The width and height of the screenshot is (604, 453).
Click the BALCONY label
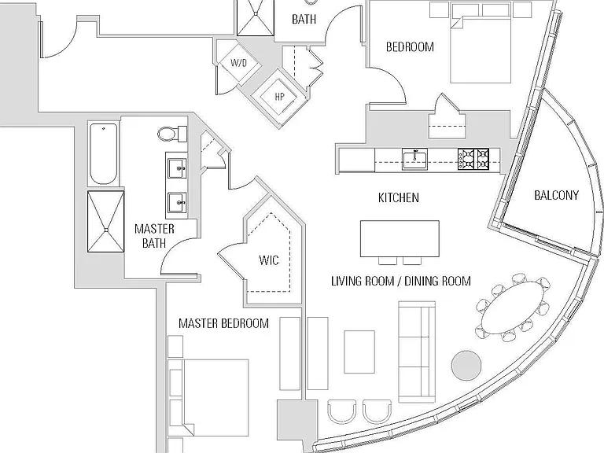click(x=556, y=195)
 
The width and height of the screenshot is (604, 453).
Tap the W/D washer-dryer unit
click(x=238, y=62)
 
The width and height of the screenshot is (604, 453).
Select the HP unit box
click(x=279, y=96)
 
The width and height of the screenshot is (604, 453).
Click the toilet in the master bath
click(x=172, y=134)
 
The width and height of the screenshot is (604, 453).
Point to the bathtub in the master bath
click(x=104, y=154)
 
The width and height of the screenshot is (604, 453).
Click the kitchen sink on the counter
click(x=414, y=158)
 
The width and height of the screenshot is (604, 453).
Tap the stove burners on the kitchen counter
click(x=473, y=159)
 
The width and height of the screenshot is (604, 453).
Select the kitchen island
click(x=400, y=239)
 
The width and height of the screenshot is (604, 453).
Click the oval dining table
click(x=514, y=307)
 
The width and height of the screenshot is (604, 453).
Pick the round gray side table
click(x=466, y=365)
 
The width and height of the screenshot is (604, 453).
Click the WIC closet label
click(x=269, y=260)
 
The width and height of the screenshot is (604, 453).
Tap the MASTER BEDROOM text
click(x=224, y=323)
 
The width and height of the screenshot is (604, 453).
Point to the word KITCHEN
click(x=398, y=197)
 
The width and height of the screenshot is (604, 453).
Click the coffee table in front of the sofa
click(x=359, y=352)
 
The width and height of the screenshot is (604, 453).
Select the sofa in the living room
click(x=417, y=352)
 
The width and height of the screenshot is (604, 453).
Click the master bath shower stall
click(x=106, y=222)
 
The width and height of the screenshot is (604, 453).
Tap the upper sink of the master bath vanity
click(x=178, y=168)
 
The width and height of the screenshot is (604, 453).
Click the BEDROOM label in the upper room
click(x=410, y=47)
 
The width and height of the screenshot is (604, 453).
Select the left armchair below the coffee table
click(x=341, y=411)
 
